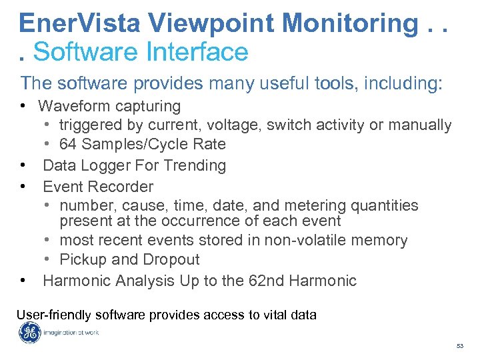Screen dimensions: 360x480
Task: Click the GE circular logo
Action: coord(29,333)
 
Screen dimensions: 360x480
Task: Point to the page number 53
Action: coord(460,346)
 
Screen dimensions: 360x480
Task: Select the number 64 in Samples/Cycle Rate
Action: coord(68,144)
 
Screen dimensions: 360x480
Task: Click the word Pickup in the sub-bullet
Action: coord(82,259)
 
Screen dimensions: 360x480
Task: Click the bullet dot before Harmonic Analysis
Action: coord(23,280)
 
